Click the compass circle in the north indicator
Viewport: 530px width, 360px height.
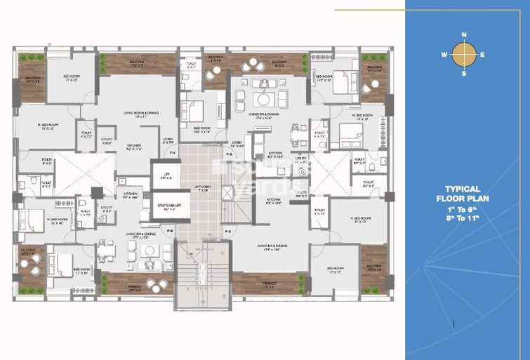[463, 53]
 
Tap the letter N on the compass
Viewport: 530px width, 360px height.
[463, 34]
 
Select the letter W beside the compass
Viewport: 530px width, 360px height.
[444, 54]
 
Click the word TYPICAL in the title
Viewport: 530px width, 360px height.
[463, 189]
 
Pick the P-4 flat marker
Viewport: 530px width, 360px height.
[170, 229]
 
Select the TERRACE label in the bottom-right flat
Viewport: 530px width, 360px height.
[270, 284]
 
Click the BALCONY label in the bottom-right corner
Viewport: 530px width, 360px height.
[373, 267]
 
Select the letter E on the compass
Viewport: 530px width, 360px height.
[483, 54]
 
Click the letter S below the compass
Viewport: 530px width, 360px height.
[463, 73]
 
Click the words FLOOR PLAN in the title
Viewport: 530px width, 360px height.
[463, 199]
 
